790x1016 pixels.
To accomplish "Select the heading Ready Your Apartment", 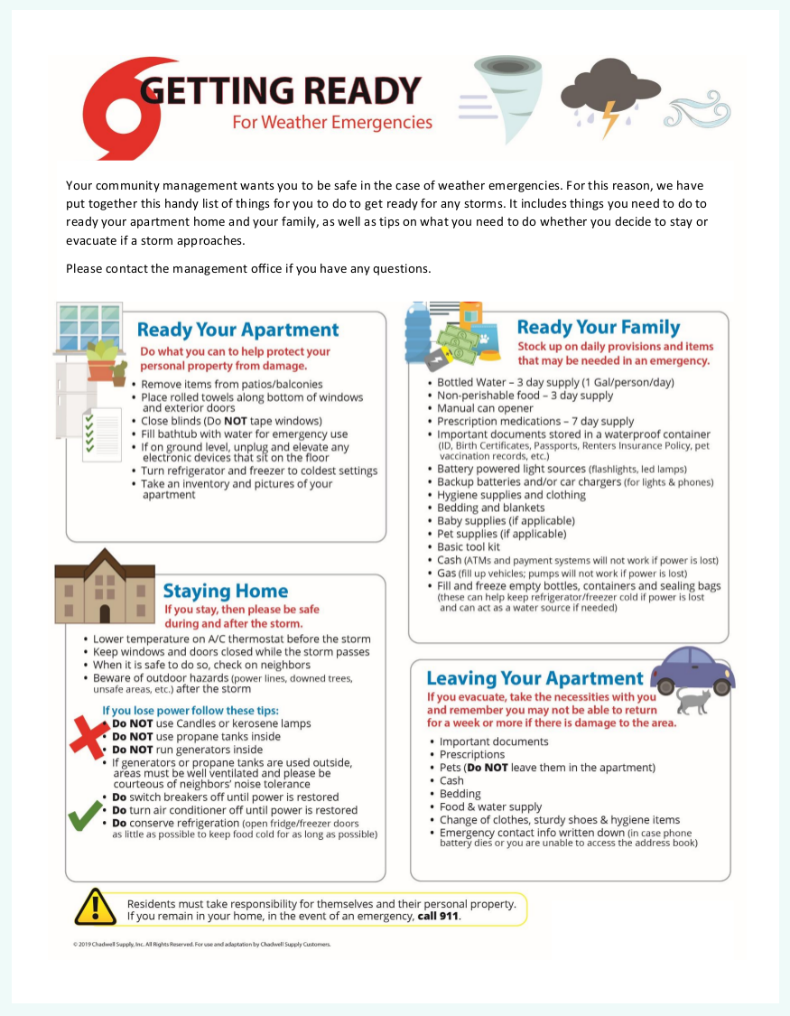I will [x=238, y=331].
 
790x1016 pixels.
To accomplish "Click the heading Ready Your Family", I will [x=599, y=327].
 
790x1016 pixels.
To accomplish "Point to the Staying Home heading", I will [x=226, y=592].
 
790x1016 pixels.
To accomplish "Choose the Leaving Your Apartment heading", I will [x=534, y=678].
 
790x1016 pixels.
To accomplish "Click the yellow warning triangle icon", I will [x=96, y=907].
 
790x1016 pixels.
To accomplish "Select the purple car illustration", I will [x=692, y=670].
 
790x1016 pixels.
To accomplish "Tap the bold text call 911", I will [x=439, y=916].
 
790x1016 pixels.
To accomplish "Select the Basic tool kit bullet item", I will [x=469, y=546].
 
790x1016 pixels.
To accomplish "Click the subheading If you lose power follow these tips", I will [x=191, y=710].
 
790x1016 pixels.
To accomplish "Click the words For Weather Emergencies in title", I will [x=332, y=122].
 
